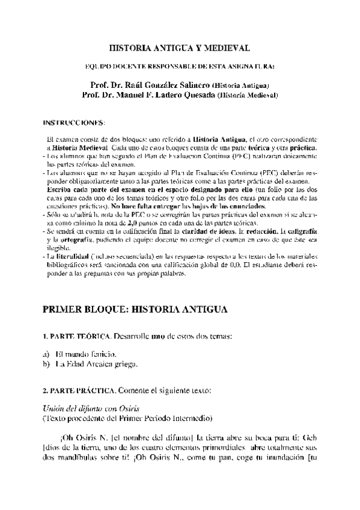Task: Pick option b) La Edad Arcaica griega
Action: click(90, 363)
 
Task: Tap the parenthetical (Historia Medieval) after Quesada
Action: click(248, 96)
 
